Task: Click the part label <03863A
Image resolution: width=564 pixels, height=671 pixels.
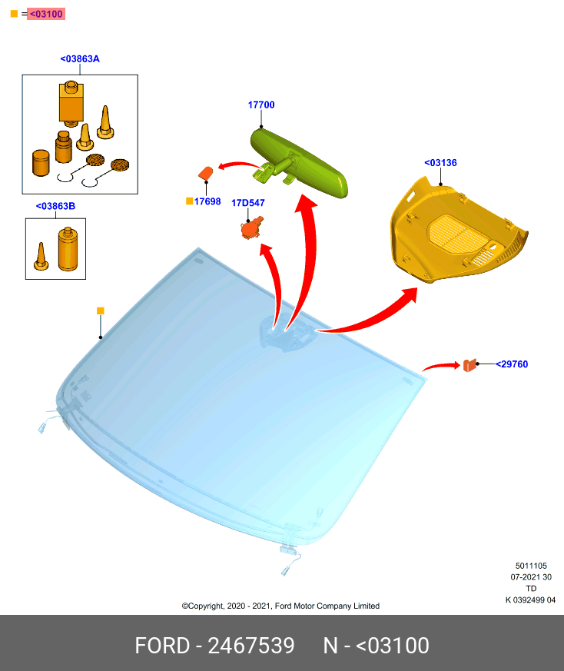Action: coord(80,59)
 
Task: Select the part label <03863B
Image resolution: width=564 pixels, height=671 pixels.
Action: coord(55,206)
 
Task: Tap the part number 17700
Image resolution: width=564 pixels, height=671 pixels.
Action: coord(261,105)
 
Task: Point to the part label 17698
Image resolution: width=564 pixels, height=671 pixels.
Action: coord(207,201)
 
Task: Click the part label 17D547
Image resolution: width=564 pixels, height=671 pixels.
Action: coord(248,203)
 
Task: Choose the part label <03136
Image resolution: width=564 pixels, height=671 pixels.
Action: coord(440,163)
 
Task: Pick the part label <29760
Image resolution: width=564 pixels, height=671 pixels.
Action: coord(512,364)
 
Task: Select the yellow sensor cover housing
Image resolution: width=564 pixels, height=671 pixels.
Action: coord(458,231)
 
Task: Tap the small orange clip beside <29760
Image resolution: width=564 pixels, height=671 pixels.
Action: coord(469,365)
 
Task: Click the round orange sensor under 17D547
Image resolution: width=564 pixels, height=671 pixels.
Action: coord(251,228)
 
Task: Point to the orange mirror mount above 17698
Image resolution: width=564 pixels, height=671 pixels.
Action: coord(206,173)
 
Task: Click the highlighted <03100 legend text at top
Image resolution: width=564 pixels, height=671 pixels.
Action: coord(46,14)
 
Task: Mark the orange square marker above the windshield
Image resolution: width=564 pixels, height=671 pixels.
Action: coord(101,311)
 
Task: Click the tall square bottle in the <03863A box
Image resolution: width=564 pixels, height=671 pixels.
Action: coord(71,103)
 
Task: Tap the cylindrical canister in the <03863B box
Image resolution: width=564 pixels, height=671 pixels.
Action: coord(68,249)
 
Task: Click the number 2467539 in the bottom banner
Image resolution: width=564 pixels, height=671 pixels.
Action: coord(251,646)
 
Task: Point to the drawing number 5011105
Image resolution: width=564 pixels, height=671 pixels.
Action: coord(531,566)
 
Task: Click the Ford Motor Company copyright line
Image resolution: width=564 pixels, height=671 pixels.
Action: coord(280,606)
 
